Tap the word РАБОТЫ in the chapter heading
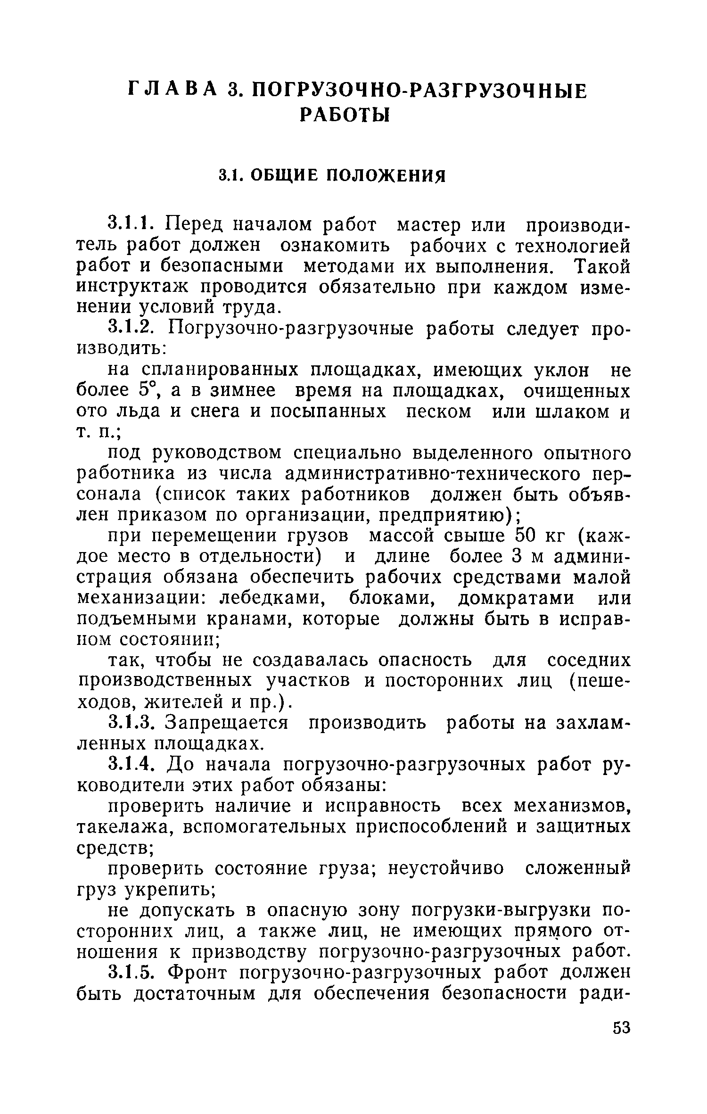[345, 114]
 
